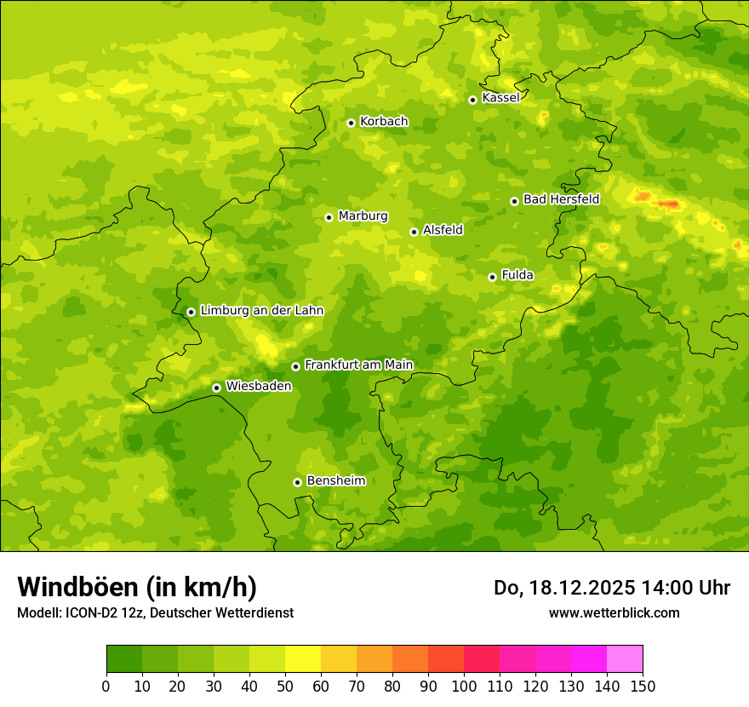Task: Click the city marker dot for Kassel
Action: pyautogui.click(x=472, y=100)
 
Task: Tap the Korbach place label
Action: pyautogui.click(x=384, y=122)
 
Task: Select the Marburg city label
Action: pyautogui.click(x=363, y=216)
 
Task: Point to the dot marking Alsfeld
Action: pyautogui.click(x=414, y=232)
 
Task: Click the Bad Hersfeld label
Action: pyautogui.click(x=561, y=199)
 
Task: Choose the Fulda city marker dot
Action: pyautogui.click(x=492, y=277)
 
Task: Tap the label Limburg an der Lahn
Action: pyautogui.click(x=261, y=311)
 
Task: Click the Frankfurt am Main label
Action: pyautogui.click(x=358, y=365)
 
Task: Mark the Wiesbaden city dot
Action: pyautogui.click(x=216, y=388)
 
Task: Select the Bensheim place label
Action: pyautogui.click(x=335, y=480)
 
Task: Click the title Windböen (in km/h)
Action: pyautogui.click(x=137, y=587)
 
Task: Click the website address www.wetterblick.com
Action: pyautogui.click(x=614, y=612)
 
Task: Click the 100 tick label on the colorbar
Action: pyautogui.click(x=464, y=686)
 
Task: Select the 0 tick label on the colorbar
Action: pyautogui.click(x=106, y=686)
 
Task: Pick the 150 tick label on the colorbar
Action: pyautogui.click(x=643, y=686)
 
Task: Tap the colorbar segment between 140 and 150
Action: pyautogui.click(x=625, y=659)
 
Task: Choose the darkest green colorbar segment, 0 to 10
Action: pyautogui.click(x=124, y=659)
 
